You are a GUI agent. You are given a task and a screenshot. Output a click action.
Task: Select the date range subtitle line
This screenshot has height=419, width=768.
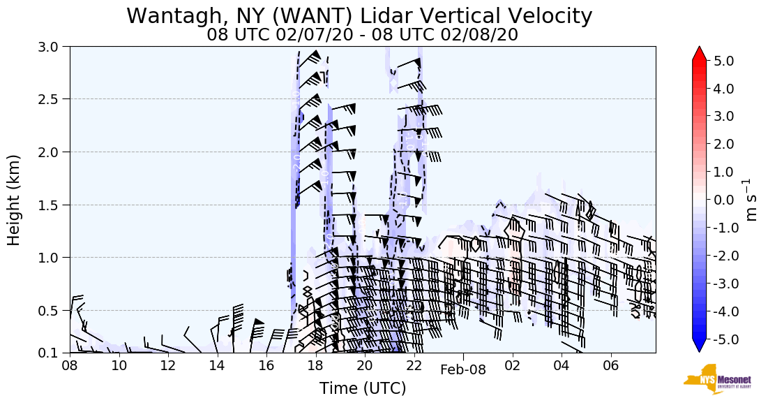pos(362,34)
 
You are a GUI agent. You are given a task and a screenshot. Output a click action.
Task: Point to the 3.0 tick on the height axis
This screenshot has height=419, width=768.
pos(55,47)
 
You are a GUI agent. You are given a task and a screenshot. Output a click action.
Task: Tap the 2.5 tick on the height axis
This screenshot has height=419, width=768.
pos(55,99)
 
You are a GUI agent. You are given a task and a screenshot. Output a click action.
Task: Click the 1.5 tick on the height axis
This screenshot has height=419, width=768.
pos(55,205)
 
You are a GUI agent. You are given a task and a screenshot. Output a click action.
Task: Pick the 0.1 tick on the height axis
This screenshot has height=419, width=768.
pos(55,353)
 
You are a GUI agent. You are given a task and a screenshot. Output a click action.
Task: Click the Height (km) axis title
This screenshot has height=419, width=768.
pos(14,200)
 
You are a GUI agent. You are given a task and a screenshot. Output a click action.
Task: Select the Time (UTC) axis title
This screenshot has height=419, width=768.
pos(362,388)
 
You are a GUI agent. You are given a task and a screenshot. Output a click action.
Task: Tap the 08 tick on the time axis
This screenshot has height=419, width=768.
pos(70,366)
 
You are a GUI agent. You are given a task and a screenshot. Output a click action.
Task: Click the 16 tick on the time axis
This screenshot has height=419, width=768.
pos(266,366)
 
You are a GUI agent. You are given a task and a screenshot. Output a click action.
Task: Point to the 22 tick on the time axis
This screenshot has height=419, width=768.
pos(414,366)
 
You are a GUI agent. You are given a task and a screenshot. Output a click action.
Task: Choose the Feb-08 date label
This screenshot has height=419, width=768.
pos(463,370)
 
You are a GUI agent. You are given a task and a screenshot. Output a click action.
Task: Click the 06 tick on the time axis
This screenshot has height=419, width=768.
pos(611,366)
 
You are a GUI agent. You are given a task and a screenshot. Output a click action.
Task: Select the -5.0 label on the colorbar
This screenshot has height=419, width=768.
pos(721,339)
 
